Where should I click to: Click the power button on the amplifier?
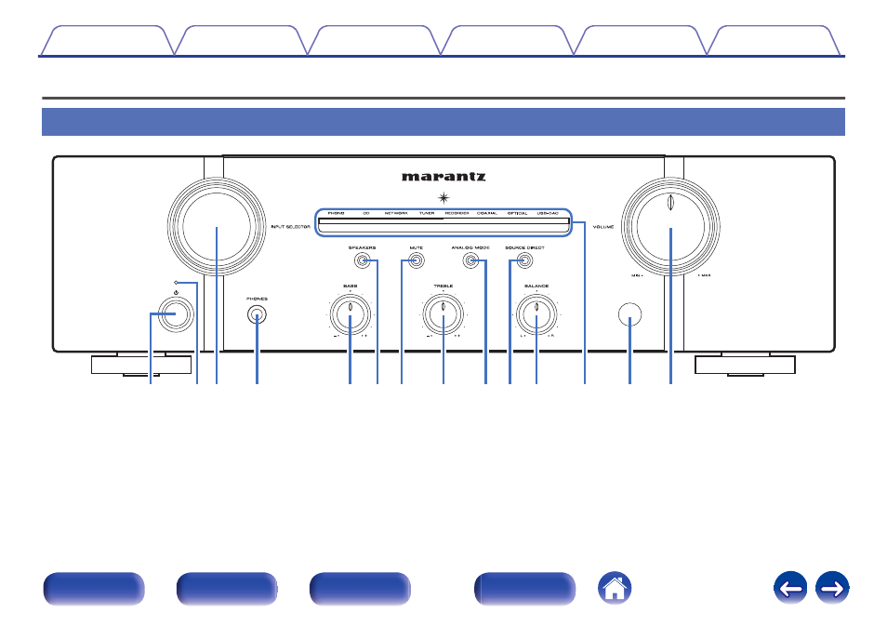[177, 315]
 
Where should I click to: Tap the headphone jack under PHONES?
[257, 316]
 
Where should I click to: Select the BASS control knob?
[350, 319]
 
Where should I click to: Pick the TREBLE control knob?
[443, 319]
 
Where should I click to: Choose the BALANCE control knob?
[537, 319]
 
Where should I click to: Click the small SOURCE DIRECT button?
[524, 263]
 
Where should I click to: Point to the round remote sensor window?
[629, 318]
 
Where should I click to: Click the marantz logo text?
[443, 176]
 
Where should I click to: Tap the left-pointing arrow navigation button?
[790, 588]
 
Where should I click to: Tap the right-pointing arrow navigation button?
[832, 588]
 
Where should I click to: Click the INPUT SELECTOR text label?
[291, 227]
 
